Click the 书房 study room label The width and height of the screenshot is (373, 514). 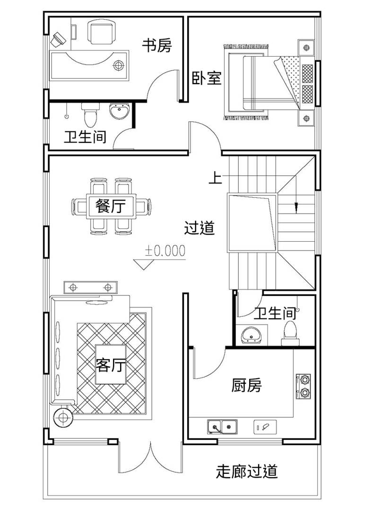click(156, 46)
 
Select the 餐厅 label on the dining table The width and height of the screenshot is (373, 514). click(111, 206)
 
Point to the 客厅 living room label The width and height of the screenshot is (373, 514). click(111, 364)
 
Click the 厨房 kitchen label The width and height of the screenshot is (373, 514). click(247, 385)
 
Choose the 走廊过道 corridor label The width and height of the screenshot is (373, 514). click(247, 472)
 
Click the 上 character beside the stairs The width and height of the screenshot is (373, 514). click(216, 178)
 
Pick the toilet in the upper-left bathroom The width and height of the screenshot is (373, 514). click(90, 115)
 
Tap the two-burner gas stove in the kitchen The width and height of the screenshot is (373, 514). click(304, 387)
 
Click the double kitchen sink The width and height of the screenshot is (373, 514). click(223, 427)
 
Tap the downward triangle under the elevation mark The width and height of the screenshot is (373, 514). click(144, 264)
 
